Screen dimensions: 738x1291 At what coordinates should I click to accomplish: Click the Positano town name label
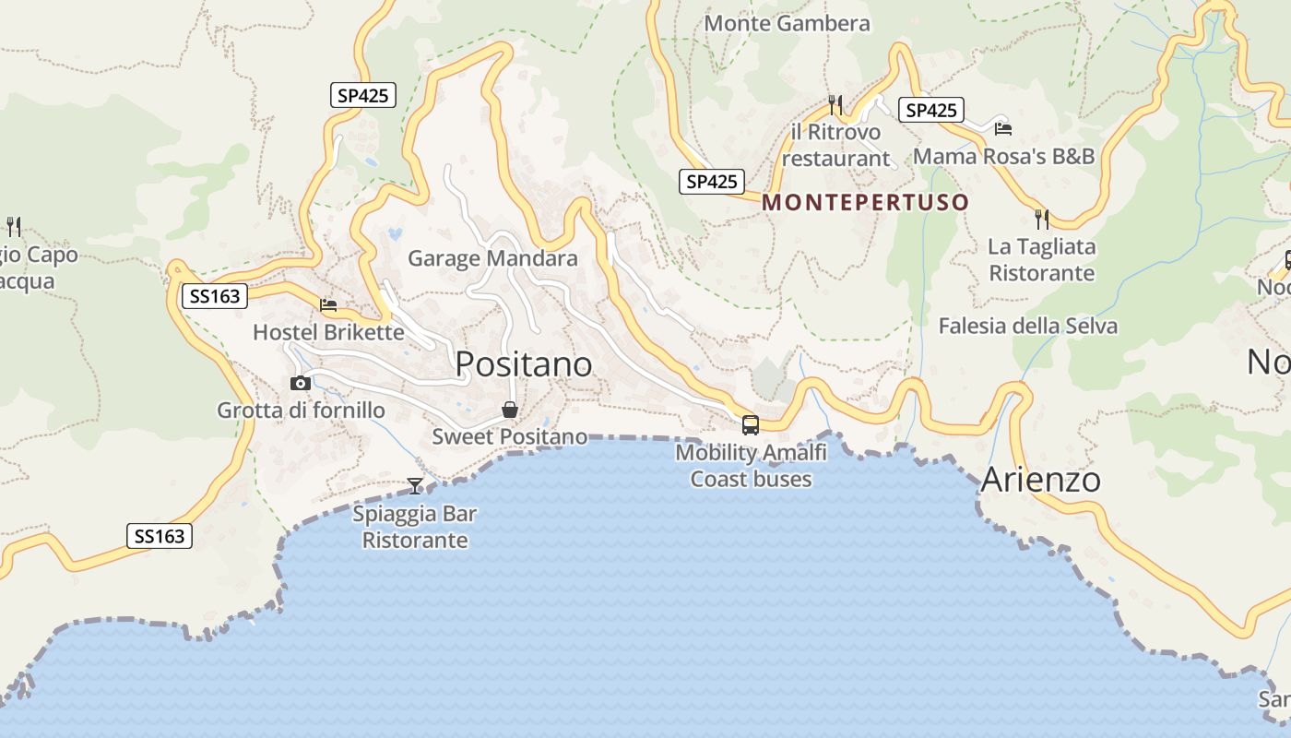(523, 364)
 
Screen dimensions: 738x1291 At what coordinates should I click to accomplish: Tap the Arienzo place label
(1040, 480)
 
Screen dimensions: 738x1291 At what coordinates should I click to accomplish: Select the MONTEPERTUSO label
(866, 202)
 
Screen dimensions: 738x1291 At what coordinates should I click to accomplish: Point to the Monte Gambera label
(787, 23)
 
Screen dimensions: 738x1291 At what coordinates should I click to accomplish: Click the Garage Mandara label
(492, 258)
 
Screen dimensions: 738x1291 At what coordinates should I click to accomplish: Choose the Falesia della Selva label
(1027, 326)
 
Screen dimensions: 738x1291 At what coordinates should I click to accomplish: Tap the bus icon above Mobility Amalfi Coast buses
(751, 425)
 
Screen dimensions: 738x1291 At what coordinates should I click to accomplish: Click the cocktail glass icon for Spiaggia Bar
(415, 485)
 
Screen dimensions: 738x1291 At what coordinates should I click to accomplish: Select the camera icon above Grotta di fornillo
(300, 383)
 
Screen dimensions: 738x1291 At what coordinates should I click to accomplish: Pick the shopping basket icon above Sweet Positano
(509, 410)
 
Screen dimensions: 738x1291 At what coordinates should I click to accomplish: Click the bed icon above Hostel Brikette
(328, 304)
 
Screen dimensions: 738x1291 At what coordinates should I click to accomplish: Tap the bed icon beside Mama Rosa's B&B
(1003, 127)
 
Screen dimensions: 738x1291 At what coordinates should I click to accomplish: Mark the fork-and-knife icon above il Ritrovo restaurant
(835, 103)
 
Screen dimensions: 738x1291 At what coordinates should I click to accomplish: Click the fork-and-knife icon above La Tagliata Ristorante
(1042, 219)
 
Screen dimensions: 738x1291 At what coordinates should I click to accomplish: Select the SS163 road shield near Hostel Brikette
(215, 296)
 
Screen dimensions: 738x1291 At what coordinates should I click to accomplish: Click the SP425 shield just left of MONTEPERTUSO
(712, 182)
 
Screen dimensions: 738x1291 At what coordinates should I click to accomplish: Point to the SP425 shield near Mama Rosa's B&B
(930, 111)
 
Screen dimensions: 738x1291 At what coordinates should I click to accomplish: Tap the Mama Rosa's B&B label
(1003, 156)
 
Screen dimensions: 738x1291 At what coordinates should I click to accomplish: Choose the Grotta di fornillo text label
(301, 410)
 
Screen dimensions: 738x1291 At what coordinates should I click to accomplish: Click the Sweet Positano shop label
(509, 436)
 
